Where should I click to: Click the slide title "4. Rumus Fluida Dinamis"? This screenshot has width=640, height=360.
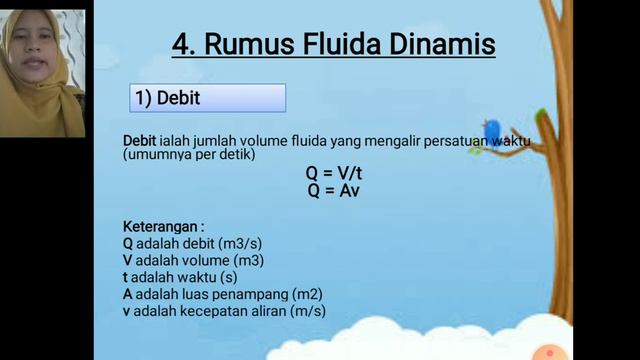click(x=333, y=45)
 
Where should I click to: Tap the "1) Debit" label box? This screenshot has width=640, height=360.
click(x=208, y=98)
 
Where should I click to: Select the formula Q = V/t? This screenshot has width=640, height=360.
click(x=334, y=173)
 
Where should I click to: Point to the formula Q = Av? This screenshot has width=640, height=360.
click(x=334, y=189)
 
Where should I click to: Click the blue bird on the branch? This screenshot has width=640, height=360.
click(x=492, y=130)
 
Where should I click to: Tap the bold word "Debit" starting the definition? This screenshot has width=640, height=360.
click(x=140, y=141)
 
